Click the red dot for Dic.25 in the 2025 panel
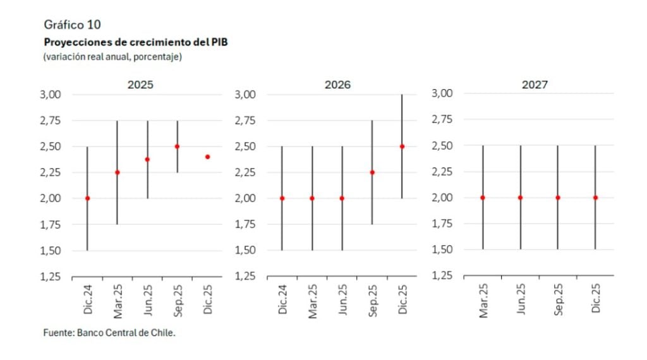pos(207,157)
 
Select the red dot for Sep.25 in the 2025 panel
pos(178,147)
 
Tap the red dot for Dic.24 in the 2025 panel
pos(87,198)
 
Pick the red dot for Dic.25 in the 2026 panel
pos(402,147)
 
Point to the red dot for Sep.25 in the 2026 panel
pos(372,172)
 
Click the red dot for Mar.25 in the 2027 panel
pos(483,198)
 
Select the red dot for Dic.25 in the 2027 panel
pos(595,198)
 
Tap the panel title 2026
pos(338,84)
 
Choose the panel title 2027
pos(535,84)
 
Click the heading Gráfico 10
pos(71,25)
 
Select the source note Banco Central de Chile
pos(126,333)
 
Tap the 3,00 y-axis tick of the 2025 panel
pos(50,95)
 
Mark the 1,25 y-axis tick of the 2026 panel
pos(246,277)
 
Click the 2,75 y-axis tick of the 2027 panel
pos(442,120)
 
